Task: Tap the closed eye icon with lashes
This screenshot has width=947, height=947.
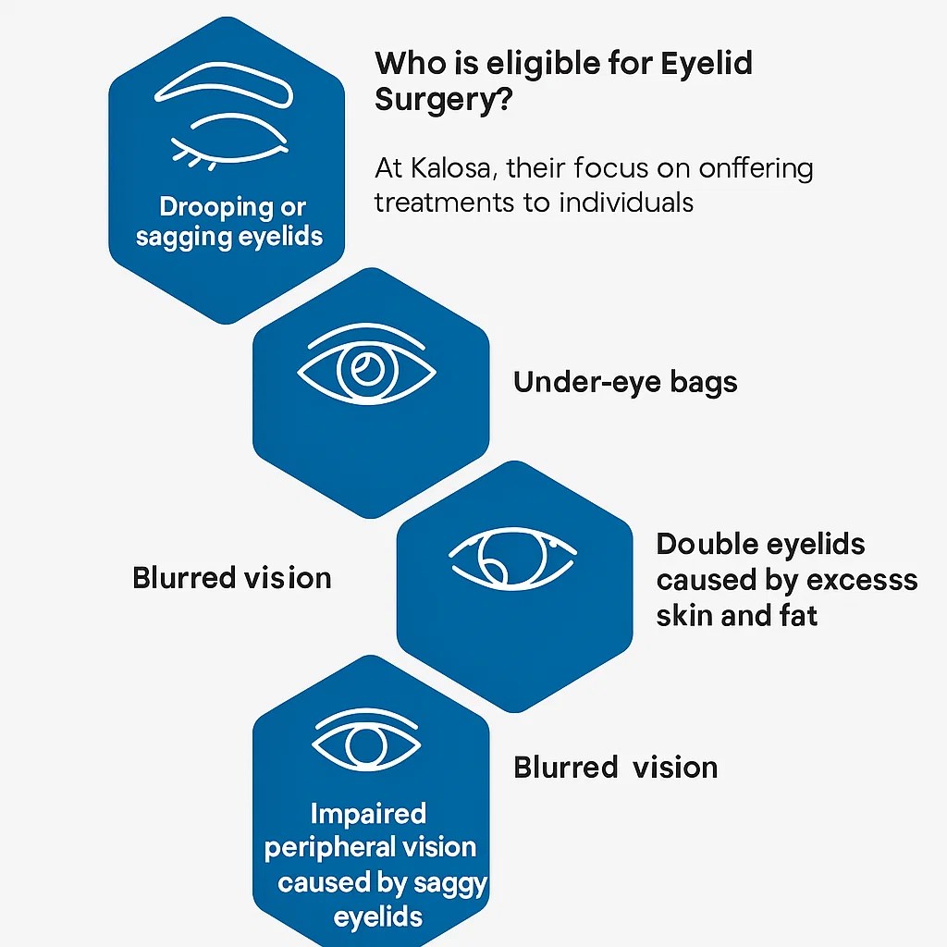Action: pyautogui.click(x=228, y=141)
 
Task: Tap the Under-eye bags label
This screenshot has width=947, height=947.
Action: pyautogui.click(x=625, y=382)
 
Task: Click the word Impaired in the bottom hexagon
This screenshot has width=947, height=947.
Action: pyautogui.click(x=368, y=814)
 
